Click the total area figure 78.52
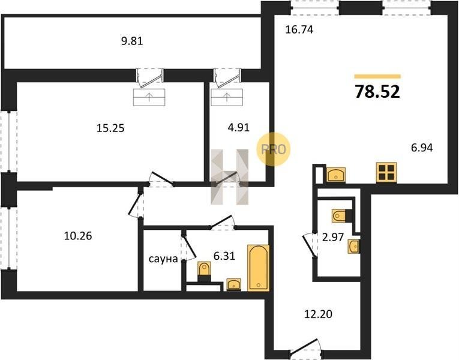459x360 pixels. click(x=377, y=91)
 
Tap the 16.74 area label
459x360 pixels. click(x=299, y=29)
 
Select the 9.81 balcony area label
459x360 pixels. click(x=132, y=41)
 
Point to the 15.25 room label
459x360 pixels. click(x=110, y=128)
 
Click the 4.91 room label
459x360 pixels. click(x=239, y=127)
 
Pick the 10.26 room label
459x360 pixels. click(x=78, y=236)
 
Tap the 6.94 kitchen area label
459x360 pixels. click(x=422, y=148)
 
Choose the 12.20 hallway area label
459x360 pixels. click(x=318, y=314)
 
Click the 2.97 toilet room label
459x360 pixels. click(x=333, y=237)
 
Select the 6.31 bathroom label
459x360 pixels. click(x=224, y=256)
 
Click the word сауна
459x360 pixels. click(x=163, y=259)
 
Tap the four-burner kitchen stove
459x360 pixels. click(x=386, y=173)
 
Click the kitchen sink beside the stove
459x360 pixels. click(x=336, y=175)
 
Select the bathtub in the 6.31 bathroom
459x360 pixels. click(x=258, y=268)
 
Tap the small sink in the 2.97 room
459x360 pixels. click(x=354, y=247)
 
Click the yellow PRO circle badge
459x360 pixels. click(x=273, y=149)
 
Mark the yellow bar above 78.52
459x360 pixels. click(x=377, y=76)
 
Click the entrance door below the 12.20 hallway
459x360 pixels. click(x=304, y=347)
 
